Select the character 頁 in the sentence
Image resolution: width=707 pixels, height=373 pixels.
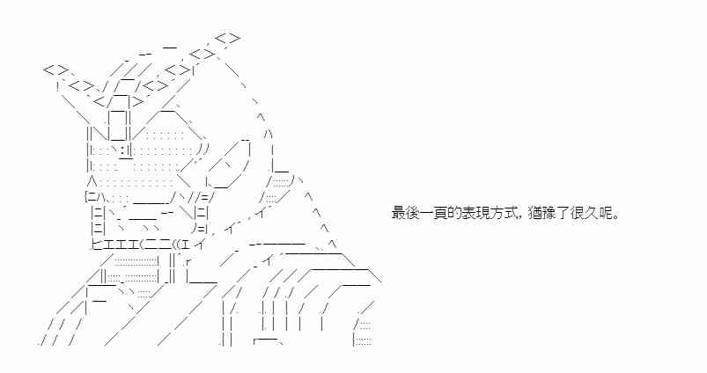(x=441, y=213)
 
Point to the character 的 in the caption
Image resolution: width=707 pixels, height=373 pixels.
(x=455, y=213)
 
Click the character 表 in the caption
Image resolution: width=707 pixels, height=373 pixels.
(x=469, y=213)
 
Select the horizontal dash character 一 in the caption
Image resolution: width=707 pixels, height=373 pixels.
(x=427, y=213)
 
